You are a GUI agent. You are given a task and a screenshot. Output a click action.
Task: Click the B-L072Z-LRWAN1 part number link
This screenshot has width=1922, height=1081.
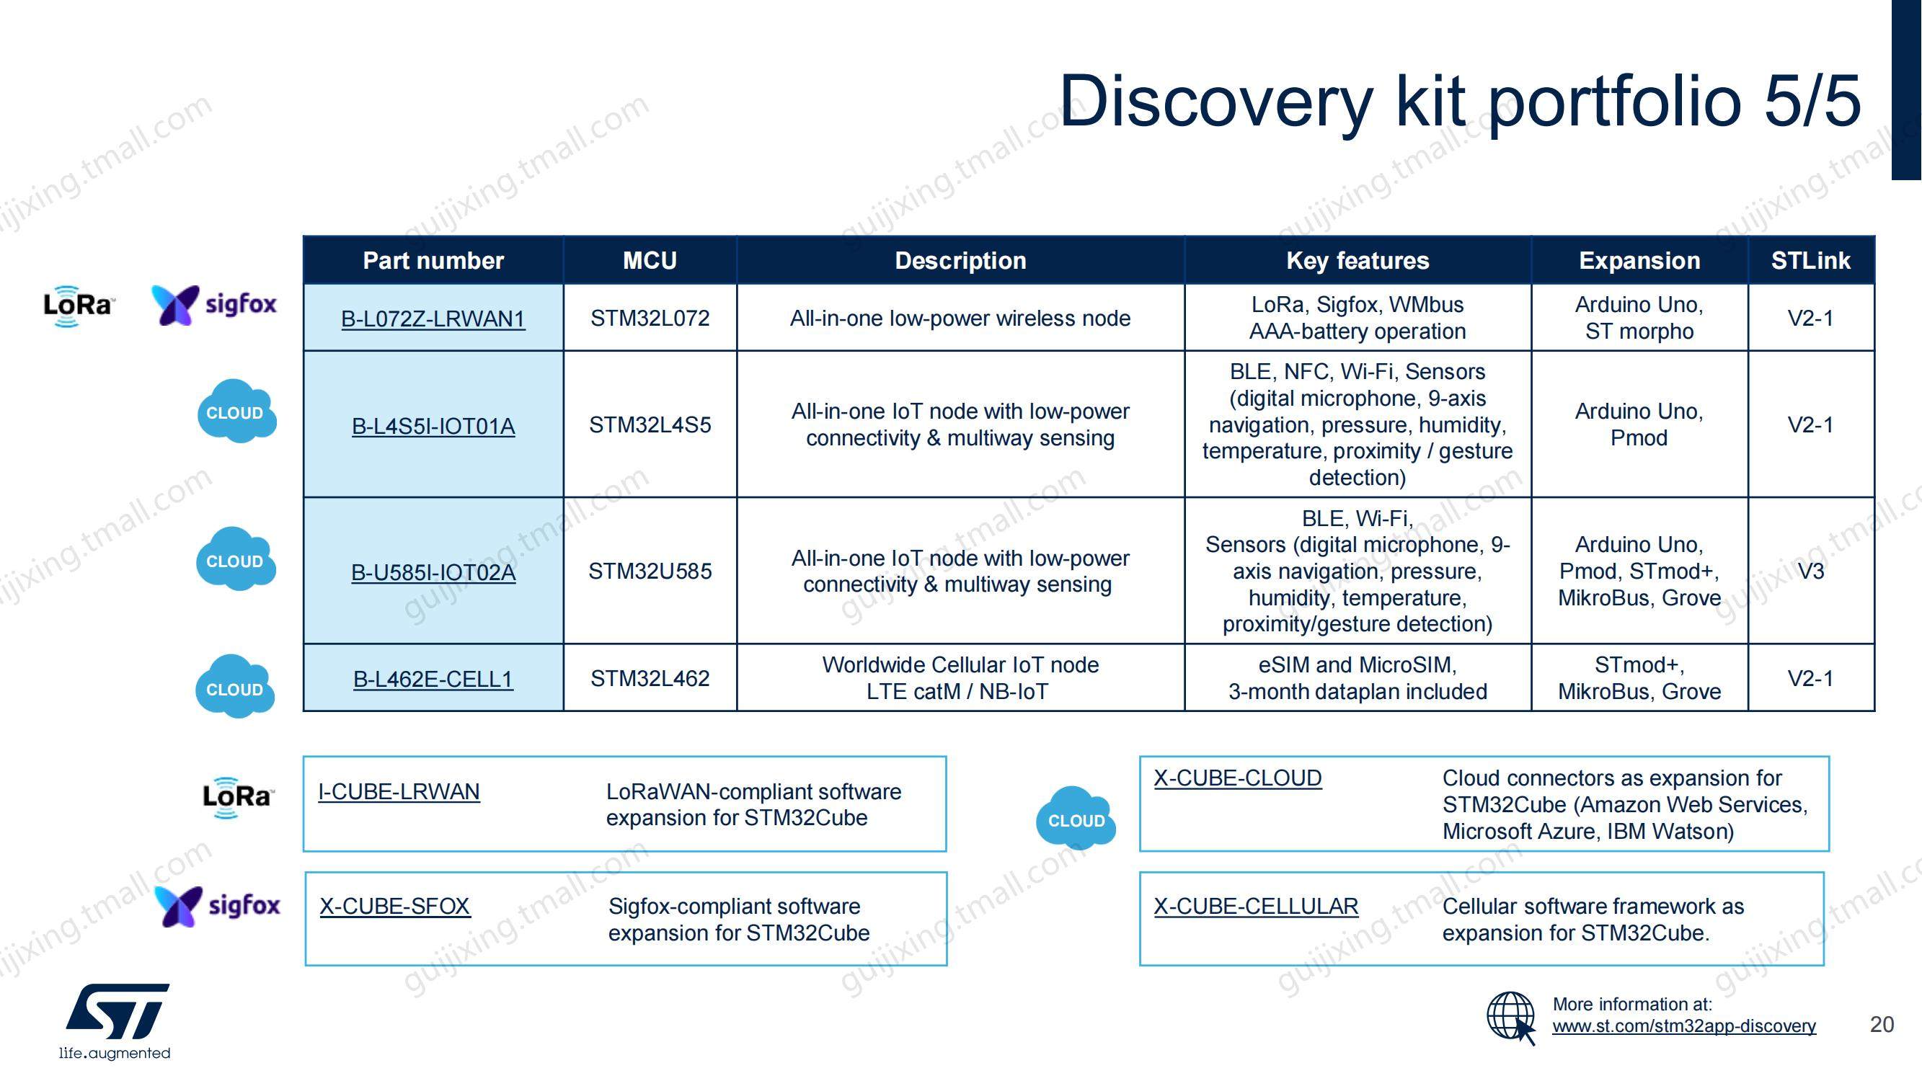[433, 319]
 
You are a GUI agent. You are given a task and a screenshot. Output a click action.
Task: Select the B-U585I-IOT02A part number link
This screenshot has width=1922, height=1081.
[433, 572]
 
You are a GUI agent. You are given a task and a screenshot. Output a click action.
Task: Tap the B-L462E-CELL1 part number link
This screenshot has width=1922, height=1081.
[433, 679]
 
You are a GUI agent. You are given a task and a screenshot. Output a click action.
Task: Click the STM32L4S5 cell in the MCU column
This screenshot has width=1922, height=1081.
[650, 425]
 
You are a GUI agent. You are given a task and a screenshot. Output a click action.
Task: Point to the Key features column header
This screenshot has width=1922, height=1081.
[1358, 260]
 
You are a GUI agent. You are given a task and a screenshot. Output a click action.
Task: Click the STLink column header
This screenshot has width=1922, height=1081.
[1810, 260]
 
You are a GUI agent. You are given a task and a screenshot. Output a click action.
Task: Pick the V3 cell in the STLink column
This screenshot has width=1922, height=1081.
[1811, 571]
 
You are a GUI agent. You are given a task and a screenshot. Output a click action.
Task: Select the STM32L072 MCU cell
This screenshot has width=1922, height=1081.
[650, 319]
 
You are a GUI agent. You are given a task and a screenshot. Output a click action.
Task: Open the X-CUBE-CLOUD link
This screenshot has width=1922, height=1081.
[1238, 778]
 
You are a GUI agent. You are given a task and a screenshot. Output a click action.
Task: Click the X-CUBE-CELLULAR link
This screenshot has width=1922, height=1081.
[1256, 907]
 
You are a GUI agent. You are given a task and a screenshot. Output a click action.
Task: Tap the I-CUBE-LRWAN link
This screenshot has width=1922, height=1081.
[399, 791]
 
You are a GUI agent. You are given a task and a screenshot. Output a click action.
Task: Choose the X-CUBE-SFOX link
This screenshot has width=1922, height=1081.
[394, 907]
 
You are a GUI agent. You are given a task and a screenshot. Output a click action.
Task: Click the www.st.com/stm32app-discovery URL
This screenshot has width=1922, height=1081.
[1684, 1026]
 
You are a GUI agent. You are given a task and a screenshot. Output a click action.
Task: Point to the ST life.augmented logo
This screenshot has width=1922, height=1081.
[115, 1021]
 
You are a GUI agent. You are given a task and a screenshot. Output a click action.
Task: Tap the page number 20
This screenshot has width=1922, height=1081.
[1882, 1024]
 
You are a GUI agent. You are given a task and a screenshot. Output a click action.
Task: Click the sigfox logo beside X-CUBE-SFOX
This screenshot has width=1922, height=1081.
[217, 907]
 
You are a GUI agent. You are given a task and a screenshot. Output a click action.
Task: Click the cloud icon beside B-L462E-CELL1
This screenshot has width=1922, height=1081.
[235, 686]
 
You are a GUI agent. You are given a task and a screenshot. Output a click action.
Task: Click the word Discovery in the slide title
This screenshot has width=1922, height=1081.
[1216, 102]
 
